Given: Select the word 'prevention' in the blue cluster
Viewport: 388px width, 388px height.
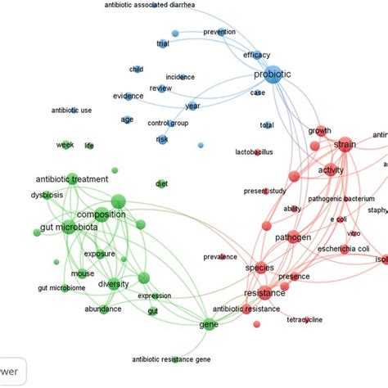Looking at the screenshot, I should (x=219, y=32).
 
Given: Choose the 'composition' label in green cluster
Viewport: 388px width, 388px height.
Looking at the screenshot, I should (x=101, y=214).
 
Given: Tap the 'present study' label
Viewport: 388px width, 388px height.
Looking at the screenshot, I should (x=262, y=192).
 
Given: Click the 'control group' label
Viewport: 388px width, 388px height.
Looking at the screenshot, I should (x=167, y=123).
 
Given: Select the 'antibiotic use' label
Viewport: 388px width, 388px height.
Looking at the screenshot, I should (x=71, y=110).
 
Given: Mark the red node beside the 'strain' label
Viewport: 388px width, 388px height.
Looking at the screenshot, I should (x=344, y=143).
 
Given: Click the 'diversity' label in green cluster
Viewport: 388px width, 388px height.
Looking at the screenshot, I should (x=114, y=284).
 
